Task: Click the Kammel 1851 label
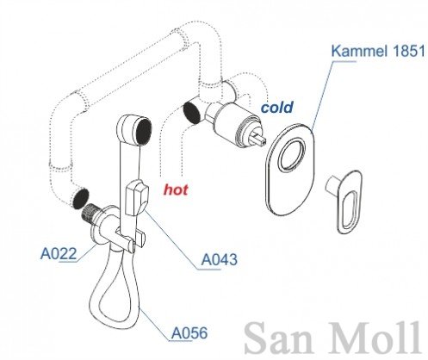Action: pos(378,51)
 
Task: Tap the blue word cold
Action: pos(276,108)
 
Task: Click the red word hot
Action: pos(176,189)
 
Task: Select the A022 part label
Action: pos(59,254)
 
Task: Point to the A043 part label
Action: pos(219,260)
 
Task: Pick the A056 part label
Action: pos(189,333)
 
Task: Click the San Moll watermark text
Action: pos(333,338)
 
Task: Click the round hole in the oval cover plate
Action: pos(292,154)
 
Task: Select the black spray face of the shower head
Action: pos(144,131)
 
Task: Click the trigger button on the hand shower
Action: pos(137,197)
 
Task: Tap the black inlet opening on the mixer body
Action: pos(191,112)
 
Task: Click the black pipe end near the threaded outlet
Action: pos(80,198)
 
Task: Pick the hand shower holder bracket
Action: pos(131,239)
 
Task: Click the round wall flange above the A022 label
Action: pos(101,227)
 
